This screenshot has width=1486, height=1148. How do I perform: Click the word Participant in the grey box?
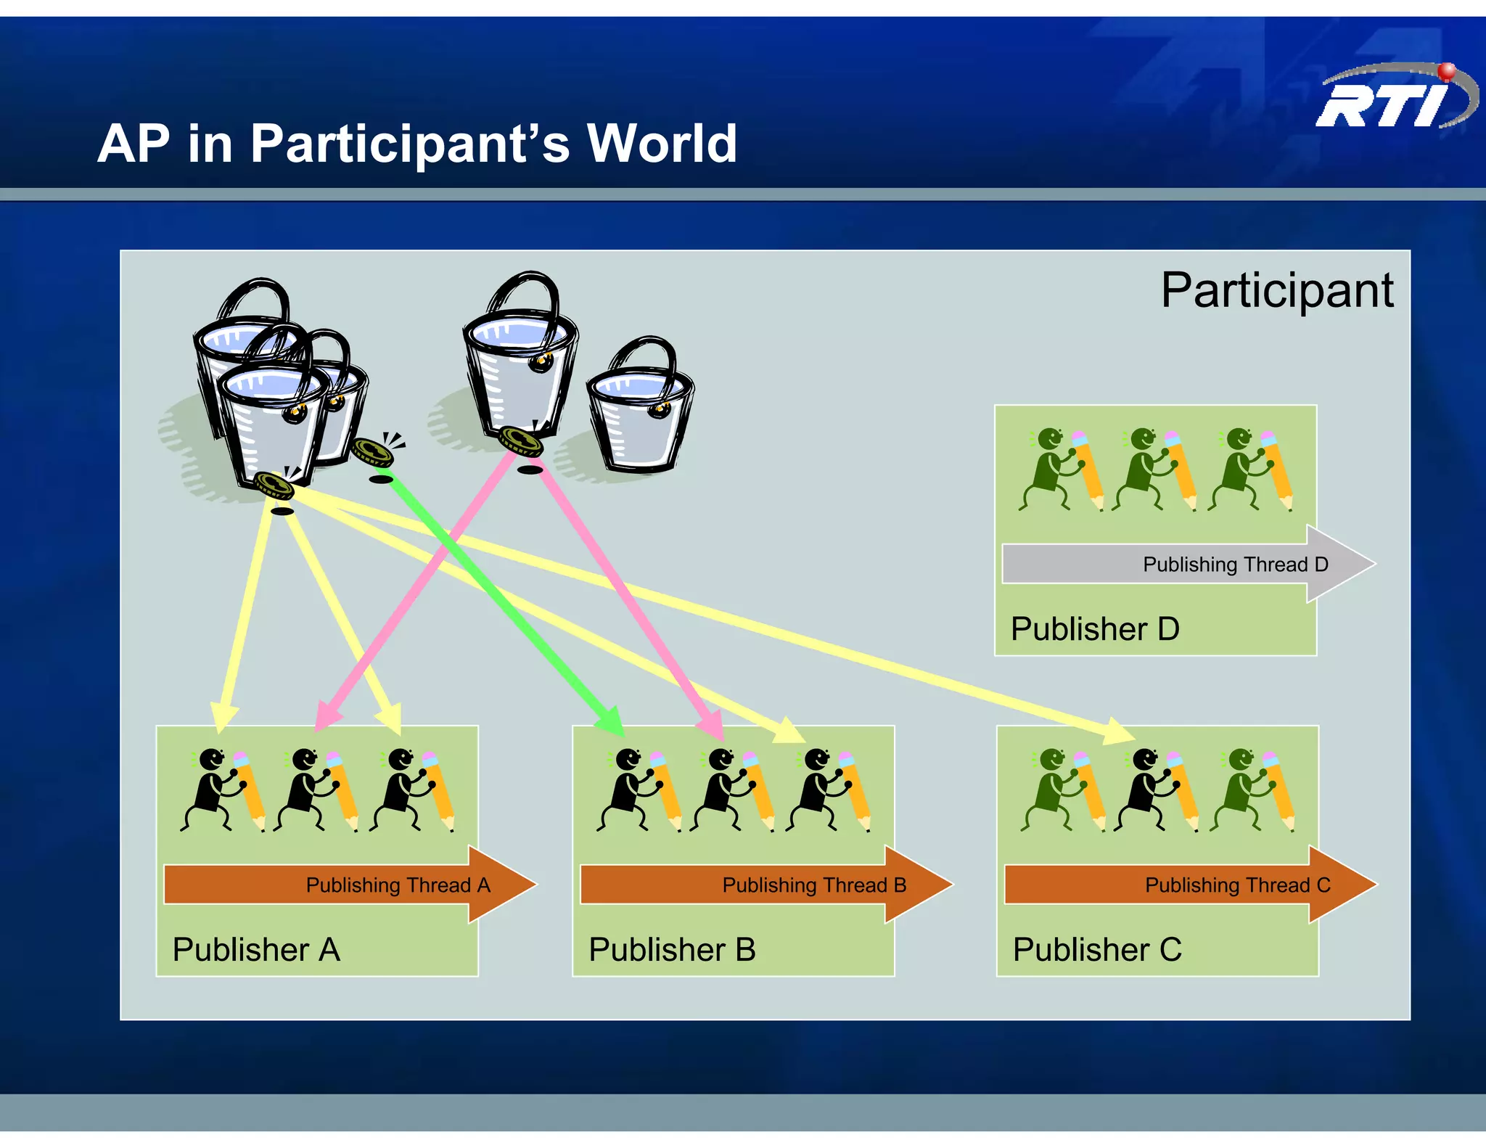click(1277, 290)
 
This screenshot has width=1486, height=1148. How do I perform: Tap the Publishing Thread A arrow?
click(348, 885)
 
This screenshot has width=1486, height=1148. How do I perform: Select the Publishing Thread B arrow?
click(765, 885)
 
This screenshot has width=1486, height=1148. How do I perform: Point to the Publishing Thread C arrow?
click(1190, 885)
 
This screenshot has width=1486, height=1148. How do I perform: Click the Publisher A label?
click(256, 949)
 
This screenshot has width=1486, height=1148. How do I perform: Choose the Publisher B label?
click(672, 949)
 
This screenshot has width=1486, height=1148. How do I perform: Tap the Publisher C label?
click(1097, 949)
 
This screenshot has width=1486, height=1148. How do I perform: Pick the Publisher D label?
click(1095, 628)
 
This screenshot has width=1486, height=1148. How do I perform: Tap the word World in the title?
click(662, 143)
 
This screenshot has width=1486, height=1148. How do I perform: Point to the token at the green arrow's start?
click(373, 453)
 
